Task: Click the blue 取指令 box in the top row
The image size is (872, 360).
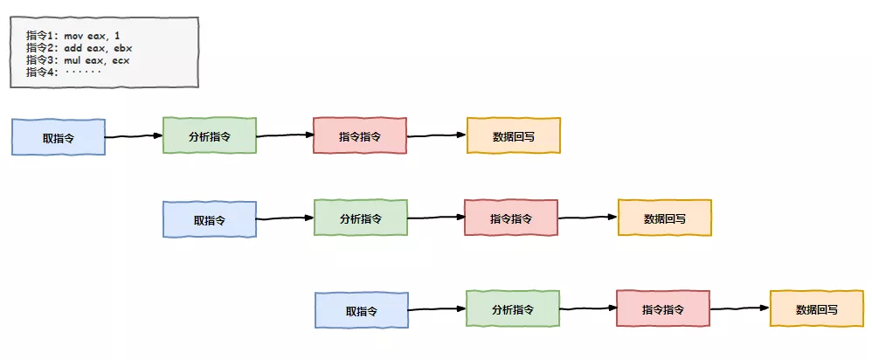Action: (x=59, y=137)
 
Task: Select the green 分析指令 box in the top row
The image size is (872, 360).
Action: (x=210, y=135)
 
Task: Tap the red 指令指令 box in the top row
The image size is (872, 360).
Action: (x=360, y=135)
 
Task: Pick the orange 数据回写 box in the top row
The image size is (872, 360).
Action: (x=513, y=135)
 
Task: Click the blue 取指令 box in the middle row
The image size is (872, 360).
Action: (x=210, y=219)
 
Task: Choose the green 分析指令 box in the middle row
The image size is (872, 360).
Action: (x=361, y=218)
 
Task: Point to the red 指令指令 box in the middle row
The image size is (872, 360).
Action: (x=511, y=218)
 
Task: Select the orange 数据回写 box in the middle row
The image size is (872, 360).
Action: (x=664, y=218)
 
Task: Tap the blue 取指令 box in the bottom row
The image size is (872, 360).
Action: (x=361, y=310)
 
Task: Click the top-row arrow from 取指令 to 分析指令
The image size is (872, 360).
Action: (x=134, y=136)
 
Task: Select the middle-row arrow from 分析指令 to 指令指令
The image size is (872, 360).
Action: (x=435, y=218)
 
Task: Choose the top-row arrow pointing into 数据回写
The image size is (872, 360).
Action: (x=437, y=135)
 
